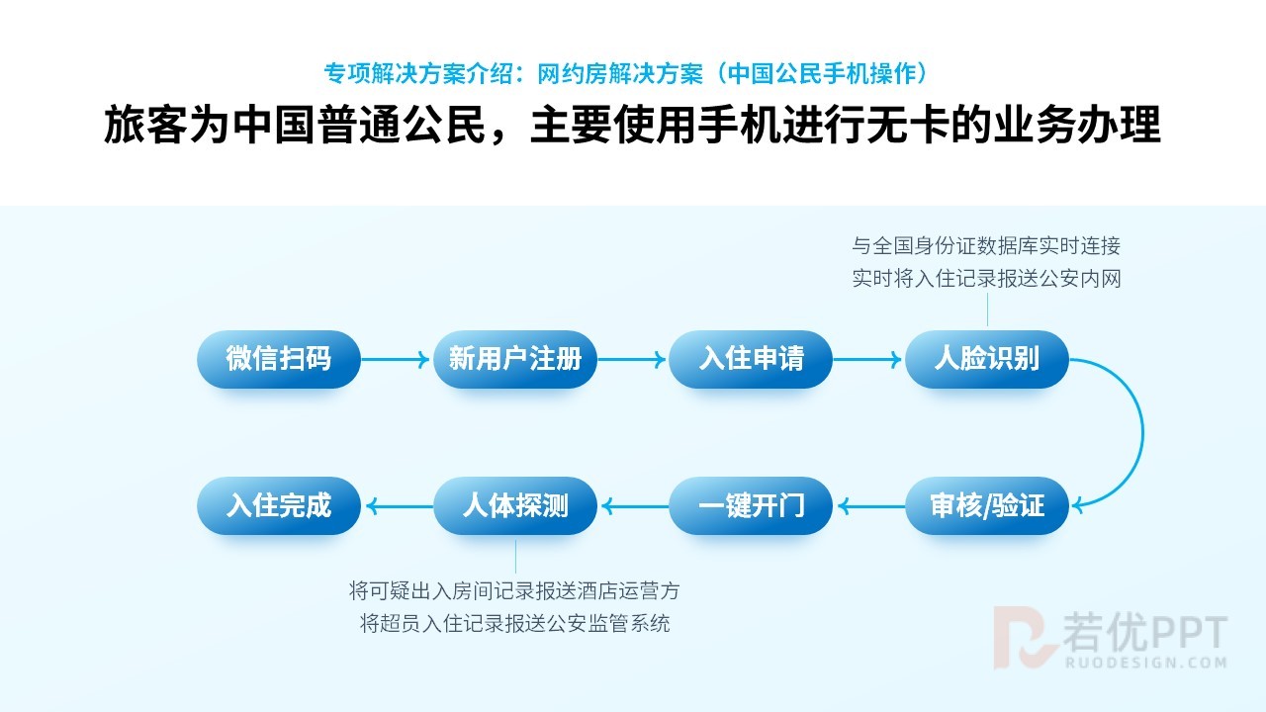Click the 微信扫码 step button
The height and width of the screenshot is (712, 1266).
pyautogui.click(x=279, y=359)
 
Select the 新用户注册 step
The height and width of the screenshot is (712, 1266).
pyautogui.click(x=515, y=359)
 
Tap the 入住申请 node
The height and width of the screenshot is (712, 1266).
pyautogui.click(x=751, y=359)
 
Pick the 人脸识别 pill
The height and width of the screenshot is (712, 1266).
pyautogui.click(x=987, y=359)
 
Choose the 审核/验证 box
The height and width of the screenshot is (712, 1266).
pyautogui.click(x=987, y=505)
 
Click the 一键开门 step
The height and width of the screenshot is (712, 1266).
pyautogui.click(x=751, y=505)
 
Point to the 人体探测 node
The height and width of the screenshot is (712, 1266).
pyautogui.click(x=515, y=505)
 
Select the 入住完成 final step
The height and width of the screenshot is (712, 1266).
pyautogui.click(x=279, y=505)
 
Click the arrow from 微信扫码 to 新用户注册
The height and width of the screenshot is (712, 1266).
pyautogui.click(x=395, y=359)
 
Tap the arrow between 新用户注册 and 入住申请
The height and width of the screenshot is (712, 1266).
pyautogui.click(x=631, y=359)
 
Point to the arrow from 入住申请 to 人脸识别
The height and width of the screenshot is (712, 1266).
pyautogui.click(x=867, y=359)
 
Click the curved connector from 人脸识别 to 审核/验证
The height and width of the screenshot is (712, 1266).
pyautogui.click(x=1143, y=433)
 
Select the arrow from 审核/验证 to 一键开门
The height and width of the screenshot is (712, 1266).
pyautogui.click(x=871, y=505)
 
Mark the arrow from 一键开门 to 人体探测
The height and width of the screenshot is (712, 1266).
pyautogui.click(x=635, y=505)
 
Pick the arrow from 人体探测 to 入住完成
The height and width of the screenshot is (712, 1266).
pyautogui.click(x=400, y=505)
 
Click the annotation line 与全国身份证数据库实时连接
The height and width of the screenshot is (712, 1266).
pyautogui.click(x=986, y=246)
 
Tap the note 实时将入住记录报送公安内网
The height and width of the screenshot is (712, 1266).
pyautogui.click(x=986, y=279)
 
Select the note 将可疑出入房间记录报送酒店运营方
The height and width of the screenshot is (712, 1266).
pyautogui.click(x=514, y=591)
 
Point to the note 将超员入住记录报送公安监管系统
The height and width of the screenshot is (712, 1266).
pyautogui.click(x=515, y=624)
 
